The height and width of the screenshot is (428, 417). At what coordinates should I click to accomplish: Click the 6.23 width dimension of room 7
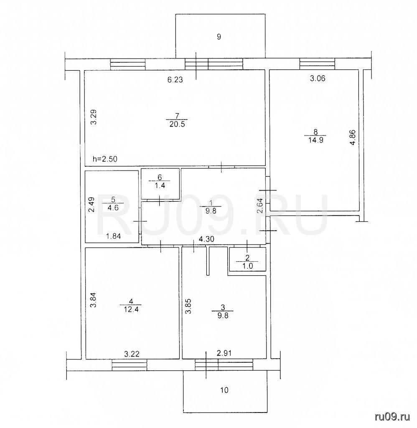coord(175,80)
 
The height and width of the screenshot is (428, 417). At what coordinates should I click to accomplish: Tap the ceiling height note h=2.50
coord(105,159)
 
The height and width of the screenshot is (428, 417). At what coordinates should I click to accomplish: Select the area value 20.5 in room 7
coord(177,124)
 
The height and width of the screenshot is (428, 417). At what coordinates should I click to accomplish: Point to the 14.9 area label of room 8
coord(316,140)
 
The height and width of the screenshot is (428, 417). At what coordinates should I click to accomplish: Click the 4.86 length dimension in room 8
coord(353,137)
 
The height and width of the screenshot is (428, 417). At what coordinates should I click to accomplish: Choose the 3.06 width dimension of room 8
coord(318,79)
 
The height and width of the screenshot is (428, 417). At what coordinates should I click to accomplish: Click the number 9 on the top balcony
coord(219,37)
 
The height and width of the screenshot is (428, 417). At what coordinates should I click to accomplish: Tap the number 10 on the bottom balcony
coord(224,390)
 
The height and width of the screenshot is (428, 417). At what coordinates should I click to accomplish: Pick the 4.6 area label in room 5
coord(113,209)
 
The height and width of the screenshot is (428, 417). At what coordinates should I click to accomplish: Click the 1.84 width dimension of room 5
coord(113,237)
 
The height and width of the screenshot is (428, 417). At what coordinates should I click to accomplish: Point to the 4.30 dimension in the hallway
coord(206,239)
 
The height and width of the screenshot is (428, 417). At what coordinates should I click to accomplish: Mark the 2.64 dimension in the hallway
coord(260,206)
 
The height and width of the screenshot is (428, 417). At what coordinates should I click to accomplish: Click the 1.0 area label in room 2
coord(247,266)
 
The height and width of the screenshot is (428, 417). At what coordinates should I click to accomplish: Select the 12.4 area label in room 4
coord(131,310)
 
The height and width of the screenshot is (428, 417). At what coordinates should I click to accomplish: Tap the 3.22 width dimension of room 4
coord(132,354)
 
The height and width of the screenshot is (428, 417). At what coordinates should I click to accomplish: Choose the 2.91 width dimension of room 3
coord(224,354)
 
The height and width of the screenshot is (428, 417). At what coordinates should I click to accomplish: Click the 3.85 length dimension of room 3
coord(188,306)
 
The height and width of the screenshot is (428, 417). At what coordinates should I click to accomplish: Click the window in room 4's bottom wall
coord(130,365)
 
